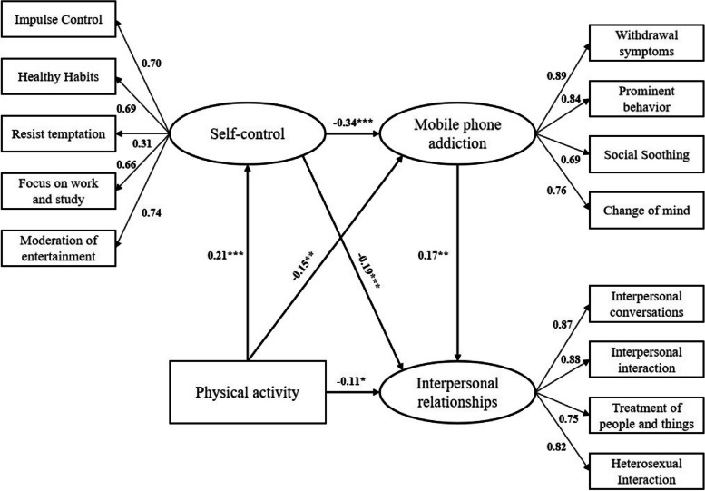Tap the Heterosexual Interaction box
pos(644,470)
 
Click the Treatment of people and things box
pos(644,415)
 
